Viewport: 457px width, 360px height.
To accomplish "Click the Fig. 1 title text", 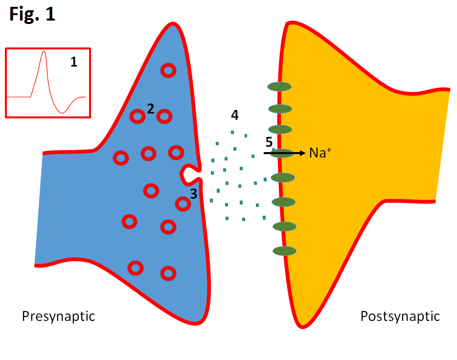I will (x=32, y=14).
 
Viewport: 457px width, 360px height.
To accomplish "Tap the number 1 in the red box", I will (x=73, y=62).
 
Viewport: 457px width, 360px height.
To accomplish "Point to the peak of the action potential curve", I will (x=44, y=51).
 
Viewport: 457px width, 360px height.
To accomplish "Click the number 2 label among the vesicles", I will (x=151, y=109).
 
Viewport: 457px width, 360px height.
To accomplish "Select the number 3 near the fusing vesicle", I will (x=194, y=194).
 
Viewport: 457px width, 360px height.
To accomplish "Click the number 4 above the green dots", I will (x=235, y=115).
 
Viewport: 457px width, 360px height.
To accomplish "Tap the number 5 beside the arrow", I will (x=269, y=142).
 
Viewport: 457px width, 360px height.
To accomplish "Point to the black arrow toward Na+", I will (x=284, y=153).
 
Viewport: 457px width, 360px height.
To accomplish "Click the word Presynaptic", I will (x=58, y=316).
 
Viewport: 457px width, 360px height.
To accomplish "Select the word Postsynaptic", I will (x=400, y=316).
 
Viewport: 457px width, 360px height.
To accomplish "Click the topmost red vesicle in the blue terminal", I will (x=168, y=71).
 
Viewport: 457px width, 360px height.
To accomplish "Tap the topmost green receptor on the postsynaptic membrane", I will (x=279, y=87).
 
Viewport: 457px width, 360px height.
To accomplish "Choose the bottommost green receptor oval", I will (x=284, y=251).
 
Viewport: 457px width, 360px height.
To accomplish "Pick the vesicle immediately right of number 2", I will (x=165, y=116).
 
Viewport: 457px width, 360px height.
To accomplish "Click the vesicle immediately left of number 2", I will (x=137, y=116).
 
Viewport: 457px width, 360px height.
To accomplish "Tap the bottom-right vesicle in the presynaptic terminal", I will (x=168, y=273).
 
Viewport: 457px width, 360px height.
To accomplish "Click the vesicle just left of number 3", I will (x=183, y=203).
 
